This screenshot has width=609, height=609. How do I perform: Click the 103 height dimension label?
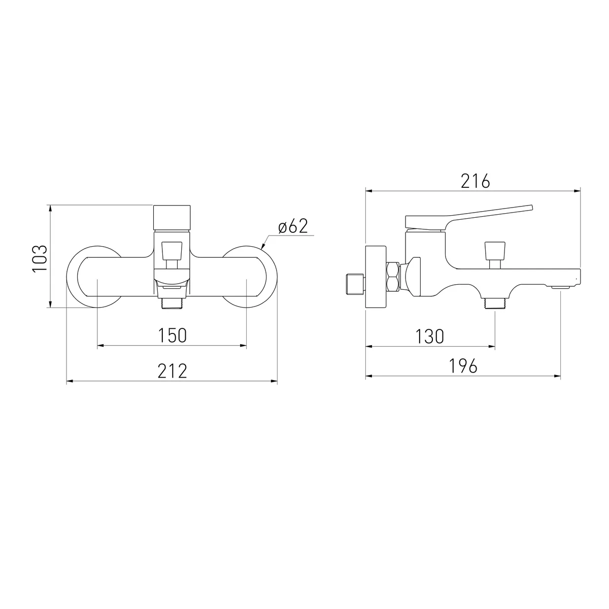(40, 258)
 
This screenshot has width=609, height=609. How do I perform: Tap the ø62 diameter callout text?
(293, 226)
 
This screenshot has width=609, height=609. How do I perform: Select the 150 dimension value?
(172, 335)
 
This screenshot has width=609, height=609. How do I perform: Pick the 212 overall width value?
(172, 371)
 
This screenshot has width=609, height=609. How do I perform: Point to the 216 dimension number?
(476, 181)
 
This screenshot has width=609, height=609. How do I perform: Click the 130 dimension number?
(429, 336)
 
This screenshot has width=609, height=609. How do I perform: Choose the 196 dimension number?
(463, 366)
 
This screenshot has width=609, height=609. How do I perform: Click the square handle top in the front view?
(172, 218)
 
